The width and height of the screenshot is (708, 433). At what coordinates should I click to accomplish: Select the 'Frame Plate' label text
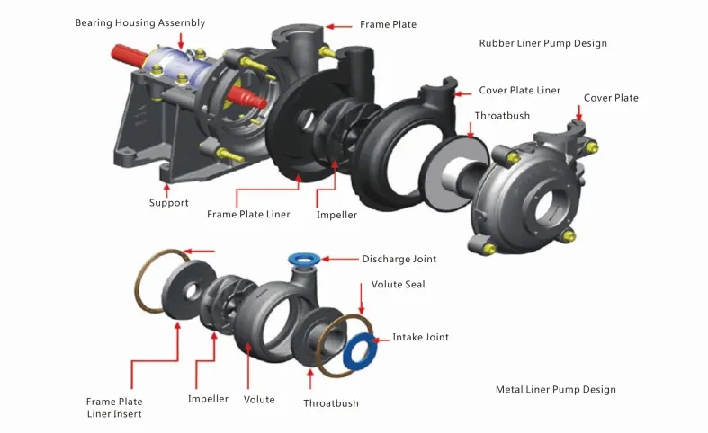(x=388, y=24)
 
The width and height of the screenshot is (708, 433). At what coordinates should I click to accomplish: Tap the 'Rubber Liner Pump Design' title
(x=542, y=43)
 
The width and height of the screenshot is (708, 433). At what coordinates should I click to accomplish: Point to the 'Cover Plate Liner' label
(x=519, y=91)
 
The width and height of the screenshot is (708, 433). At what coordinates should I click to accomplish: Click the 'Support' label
(x=168, y=203)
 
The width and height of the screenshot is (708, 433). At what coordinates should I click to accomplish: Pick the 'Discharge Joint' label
(x=399, y=259)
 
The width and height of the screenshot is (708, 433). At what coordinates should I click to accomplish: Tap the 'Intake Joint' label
(x=420, y=337)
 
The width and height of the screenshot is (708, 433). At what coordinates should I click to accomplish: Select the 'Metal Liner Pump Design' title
(x=555, y=389)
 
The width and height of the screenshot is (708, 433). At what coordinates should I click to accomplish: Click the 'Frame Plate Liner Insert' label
(x=113, y=408)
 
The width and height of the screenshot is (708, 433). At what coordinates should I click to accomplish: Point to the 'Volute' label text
(x=259, y=399)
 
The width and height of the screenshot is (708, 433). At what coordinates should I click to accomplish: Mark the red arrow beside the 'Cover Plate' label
(x=579, y=112)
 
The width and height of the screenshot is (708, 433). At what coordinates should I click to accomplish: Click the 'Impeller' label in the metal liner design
(x=208, y=399)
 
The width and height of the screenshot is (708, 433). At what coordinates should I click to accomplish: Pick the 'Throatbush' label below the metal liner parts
(x=330, y=403)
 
